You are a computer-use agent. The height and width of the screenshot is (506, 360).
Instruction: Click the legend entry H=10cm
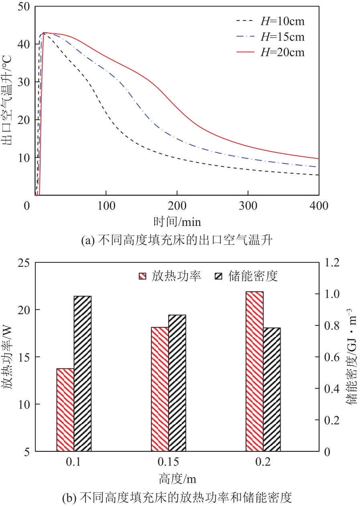pyautogui.click(x=270, y=21)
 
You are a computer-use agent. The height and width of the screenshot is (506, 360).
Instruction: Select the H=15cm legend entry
pyautogui.click(x=270, y=37)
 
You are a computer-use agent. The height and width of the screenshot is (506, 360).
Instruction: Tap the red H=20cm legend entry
pyautogui.click(x=270, y=52)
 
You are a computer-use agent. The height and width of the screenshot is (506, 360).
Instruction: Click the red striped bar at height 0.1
pyautogui.click(x=65, y=410)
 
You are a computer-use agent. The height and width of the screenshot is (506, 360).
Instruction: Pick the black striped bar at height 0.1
pyautogui.click(x=83, y=374)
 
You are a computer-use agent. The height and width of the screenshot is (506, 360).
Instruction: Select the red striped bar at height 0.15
pyautogui.click(x=160, y=389)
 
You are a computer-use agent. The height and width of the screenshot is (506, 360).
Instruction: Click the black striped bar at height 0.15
pyautogui.click(x=177, y=383)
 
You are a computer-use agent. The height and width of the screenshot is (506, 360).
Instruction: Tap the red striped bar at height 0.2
pyautogui.click(x=254, y=372)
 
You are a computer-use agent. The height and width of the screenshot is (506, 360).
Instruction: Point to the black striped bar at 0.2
pyautogui.click(x=272, y=389)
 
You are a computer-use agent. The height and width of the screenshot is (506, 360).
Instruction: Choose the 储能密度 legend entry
pyautogui.click(x=246, y=276)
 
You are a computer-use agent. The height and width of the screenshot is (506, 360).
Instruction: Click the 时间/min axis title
pyautogui.click(x=177, y=221)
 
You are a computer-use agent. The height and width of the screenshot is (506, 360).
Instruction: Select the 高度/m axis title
pyautogui.click(x=177, y=479)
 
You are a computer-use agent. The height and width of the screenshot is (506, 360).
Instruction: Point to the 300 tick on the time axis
pyautogui.click(x=248, y=206)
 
